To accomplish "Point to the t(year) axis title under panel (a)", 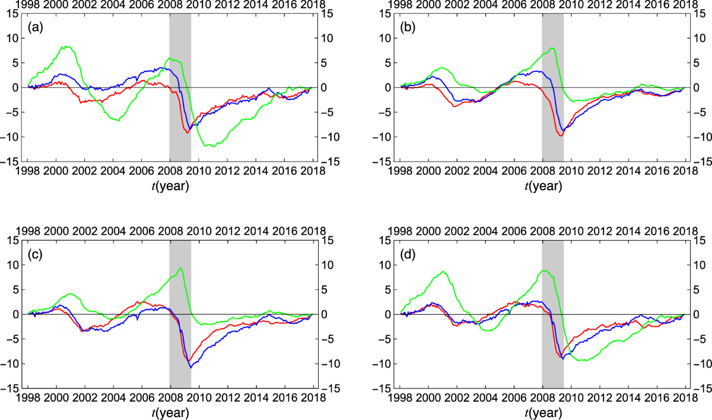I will [x=170, y=185].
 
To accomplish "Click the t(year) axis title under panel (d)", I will [x=542, y=411].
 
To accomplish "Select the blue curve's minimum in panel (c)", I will [x=191, y=367].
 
